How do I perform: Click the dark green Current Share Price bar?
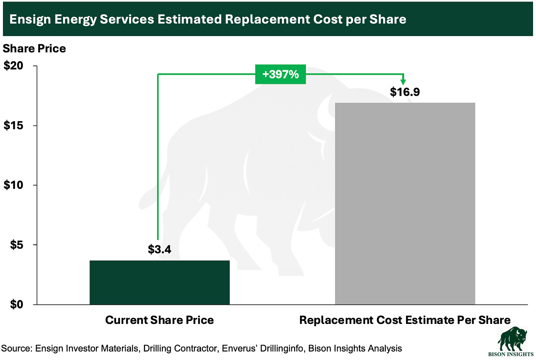click(159, 282)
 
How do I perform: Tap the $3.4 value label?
click(159, 250)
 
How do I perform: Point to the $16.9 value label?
click(405, 92)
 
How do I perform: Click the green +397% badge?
click(281, 74)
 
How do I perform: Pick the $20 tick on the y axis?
click(14, 66)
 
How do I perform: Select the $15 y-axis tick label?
click(14, 126)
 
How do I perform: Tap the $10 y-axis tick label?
click(14, 185)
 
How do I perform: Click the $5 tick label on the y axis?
click(17, 245)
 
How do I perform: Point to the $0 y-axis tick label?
click(17, 304)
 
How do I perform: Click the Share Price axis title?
click(34, 49)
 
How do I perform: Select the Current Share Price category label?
click(159, 320)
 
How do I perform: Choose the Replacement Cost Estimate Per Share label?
click(405, 320)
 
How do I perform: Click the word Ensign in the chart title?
click(30, 20)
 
